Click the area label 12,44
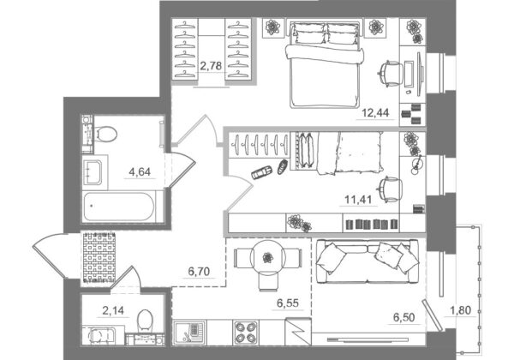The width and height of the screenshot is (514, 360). click(375, 113)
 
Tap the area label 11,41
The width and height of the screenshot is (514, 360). click(358, 199)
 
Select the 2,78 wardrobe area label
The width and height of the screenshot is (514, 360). click(211, 66)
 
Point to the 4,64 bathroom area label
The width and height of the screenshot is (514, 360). click(140, 171)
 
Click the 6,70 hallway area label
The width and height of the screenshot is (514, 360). click(199, 272)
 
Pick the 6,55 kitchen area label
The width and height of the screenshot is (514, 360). click(288, 303)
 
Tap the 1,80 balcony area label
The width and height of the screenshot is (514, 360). click(460, 309)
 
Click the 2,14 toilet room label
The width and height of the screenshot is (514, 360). click(113, 310)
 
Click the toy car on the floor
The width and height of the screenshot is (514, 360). click(261, 172)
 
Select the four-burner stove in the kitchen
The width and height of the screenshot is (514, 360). click(246, 333)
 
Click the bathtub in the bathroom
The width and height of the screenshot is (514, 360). click(119, 207)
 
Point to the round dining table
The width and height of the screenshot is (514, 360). click(268, 257)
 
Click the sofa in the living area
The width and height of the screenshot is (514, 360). click(367, 261)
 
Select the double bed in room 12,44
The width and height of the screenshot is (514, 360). click(325, 64)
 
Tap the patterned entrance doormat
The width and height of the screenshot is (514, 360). click(99, 257)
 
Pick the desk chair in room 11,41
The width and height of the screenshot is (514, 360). click(391, 189)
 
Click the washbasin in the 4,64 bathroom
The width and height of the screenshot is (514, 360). click(93, 171)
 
